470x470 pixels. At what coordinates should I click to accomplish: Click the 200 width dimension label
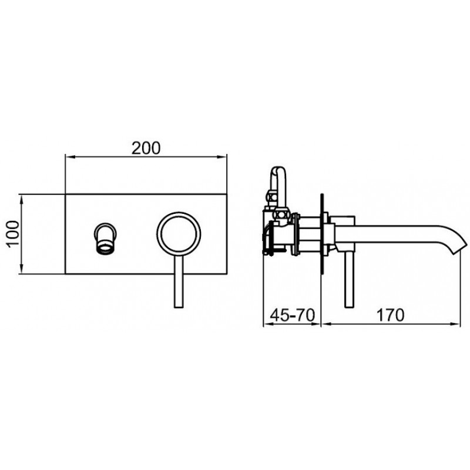pyautogui.click(x=146, y=148)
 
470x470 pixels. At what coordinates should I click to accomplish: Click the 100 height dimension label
pyautogui.click(x=13, y=233)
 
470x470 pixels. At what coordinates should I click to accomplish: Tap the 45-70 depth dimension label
pyautogui.click(x=292, y=315)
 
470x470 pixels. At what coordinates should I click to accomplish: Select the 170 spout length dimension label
pyautogui.click(x=390, y=315)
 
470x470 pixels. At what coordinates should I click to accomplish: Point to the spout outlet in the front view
pyautogui.click(x=106, y=238)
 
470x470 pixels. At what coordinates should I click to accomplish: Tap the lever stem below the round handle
pyautogui.click(x=179, y=282)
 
